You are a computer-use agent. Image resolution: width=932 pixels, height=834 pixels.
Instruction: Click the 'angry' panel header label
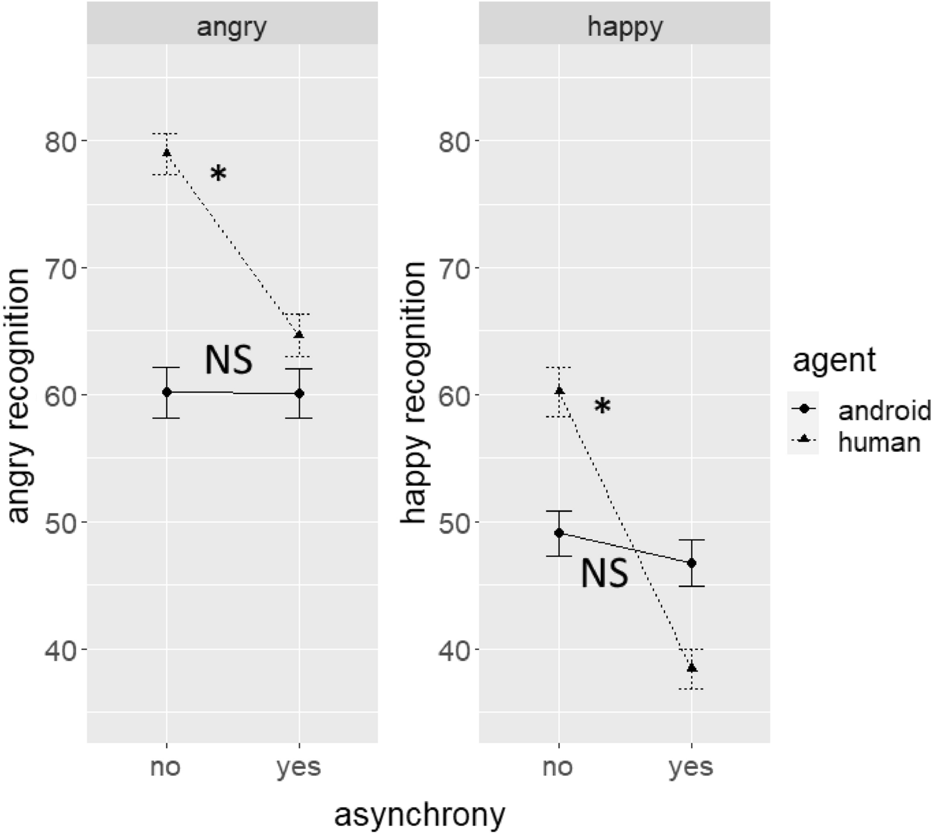point(232,27)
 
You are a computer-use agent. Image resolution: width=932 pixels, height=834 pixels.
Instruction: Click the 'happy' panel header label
point(624,27)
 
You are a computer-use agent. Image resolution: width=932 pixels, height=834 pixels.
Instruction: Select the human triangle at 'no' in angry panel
point(167,153)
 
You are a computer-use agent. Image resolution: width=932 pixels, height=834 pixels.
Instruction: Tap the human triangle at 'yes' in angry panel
point(299,335)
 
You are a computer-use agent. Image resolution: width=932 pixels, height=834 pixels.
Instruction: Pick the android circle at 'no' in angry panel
point(167,392)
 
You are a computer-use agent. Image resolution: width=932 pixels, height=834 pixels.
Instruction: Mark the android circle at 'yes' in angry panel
point(299,393)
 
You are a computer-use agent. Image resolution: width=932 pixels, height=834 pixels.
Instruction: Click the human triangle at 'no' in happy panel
point(559,390)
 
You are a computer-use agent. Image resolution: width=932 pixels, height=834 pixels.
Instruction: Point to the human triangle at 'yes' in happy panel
point(692,667)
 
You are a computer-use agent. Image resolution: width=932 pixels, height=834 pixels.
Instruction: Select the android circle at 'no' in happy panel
point(559,533)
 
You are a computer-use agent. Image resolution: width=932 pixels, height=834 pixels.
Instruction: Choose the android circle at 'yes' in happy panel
point(692,563)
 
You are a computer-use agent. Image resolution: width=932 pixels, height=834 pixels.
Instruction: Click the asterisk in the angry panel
point(218,174)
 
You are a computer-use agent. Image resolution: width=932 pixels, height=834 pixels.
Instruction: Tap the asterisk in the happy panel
point(602,406)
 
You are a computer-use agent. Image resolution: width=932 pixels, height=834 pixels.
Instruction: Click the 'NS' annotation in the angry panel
point(229,360)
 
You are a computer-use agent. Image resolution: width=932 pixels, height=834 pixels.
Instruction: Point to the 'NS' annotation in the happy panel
point(604,573)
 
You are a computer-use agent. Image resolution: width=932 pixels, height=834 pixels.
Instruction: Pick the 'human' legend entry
point(879,442)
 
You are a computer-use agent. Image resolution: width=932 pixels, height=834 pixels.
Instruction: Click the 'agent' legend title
point(834,359)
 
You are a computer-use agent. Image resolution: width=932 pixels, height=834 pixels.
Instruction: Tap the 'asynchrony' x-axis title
point(419,815)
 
